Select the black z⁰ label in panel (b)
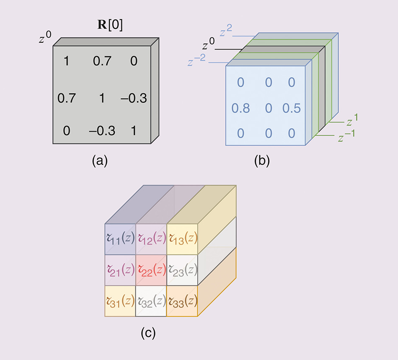209,45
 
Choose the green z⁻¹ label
346,135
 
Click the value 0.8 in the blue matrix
241,109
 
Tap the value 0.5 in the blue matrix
292,109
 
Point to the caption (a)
100,161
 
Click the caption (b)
262,161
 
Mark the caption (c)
149,333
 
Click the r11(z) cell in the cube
120,239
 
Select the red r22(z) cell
151,270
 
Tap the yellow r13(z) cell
182,239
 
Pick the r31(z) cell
120,301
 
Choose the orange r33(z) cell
182,301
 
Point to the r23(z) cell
182,270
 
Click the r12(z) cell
151,239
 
